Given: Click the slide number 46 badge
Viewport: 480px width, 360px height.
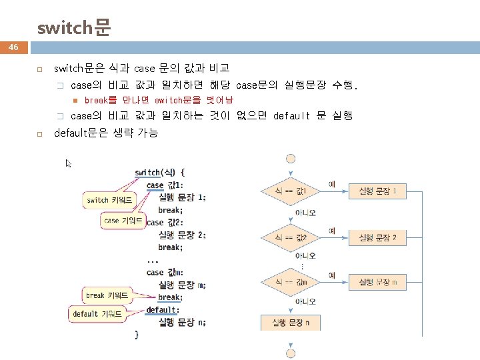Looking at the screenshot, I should pyautogui.click(x=13, y=48).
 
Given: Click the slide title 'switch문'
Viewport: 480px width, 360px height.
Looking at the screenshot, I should pyautogui.click(x=73, y=28).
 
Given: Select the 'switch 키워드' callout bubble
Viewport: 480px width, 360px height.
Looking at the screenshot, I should pyautogui.click(x=109, y=200).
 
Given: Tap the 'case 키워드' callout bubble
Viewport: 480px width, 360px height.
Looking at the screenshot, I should pyautogui.click(x=123, y=221).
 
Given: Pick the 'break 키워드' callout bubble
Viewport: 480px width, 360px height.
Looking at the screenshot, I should pyautogui.click(x=107, y=295).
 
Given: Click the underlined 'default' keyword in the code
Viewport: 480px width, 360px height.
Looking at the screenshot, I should pyautogui.click(x=161, y=310).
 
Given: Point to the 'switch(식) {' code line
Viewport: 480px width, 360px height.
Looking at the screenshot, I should pyautogui.click(x=160, y=173).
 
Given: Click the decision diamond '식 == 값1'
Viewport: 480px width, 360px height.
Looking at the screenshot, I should pyautogui.click(x=291, y=191).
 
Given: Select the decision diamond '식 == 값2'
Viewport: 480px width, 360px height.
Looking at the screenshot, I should pyautogui.click(x=291, y=237).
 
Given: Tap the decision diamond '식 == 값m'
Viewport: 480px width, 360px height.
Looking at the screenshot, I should pyautogui.click(x=291, y=283).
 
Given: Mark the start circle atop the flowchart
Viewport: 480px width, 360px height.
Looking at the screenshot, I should pyautogui.click(x=291, y=159).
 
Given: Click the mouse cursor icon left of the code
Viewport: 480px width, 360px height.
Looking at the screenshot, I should pyautogui.click(x=69, y=163).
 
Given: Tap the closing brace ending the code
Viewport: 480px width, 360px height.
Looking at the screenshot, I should pyautogui.click(x=137, y=334).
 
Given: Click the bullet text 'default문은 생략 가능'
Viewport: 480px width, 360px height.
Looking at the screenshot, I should pyautogui.click(x=105, y=133).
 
